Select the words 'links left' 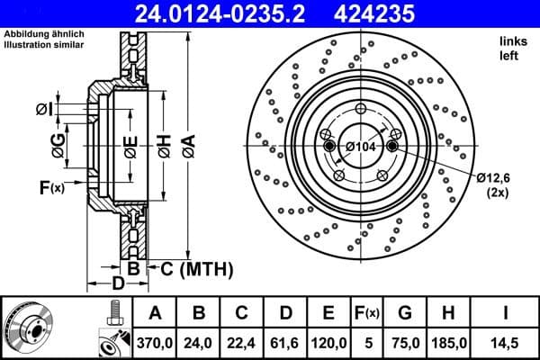click(x=511, y=48)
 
